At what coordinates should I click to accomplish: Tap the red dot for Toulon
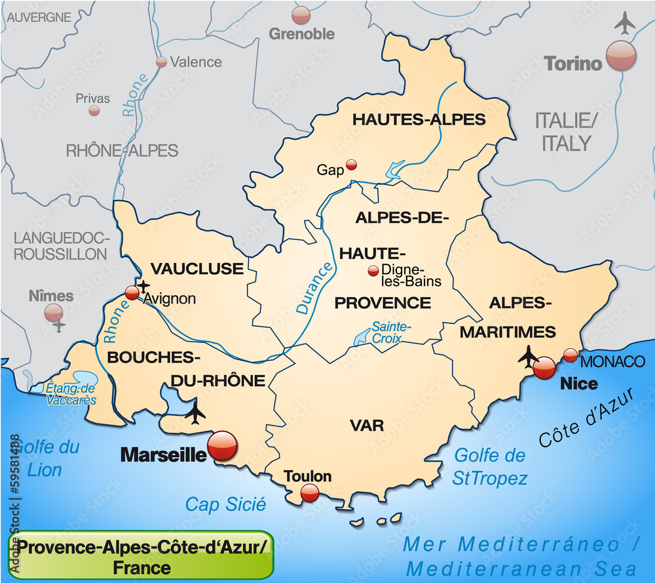pos(309,492)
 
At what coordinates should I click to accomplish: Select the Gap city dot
pos(352,165)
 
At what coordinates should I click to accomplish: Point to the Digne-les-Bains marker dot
pos(373,270)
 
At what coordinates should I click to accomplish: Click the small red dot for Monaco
pos(571,355)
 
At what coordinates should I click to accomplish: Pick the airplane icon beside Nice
pos(528,356)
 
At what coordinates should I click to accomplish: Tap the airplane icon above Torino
pos(626,24)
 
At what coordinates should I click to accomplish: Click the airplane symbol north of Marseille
pos(195,412)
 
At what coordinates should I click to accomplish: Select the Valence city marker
pos(161,62)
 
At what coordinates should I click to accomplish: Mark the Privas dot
pos(94,110)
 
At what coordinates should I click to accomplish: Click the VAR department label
pos(367,426)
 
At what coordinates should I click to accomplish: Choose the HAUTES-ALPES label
pos(419,119)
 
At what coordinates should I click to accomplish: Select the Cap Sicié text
pos(226,504)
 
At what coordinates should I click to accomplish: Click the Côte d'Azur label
pos(587,420)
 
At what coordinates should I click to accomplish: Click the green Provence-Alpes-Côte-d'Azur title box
pos(140,555)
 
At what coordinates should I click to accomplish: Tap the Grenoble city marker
pos(301,14)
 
